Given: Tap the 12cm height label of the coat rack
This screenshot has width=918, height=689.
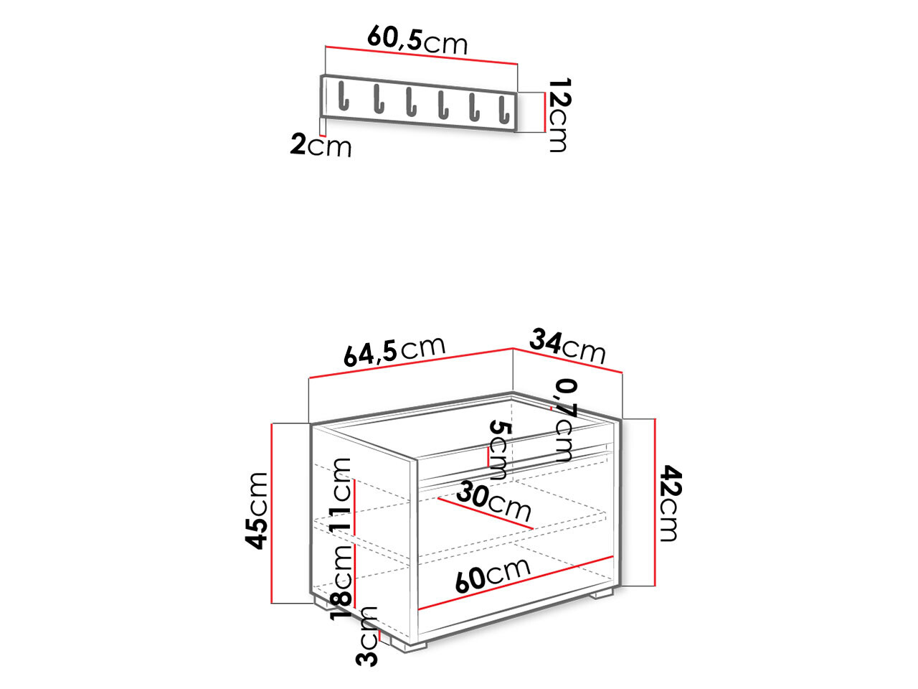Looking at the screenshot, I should (557, 115).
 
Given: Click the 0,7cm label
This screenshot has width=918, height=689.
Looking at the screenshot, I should (565, 420).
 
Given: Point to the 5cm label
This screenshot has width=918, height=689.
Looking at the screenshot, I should (498, 450).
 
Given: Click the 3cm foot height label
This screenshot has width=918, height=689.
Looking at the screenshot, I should (367, 636).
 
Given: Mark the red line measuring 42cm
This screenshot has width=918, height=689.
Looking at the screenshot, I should (656, 502).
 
